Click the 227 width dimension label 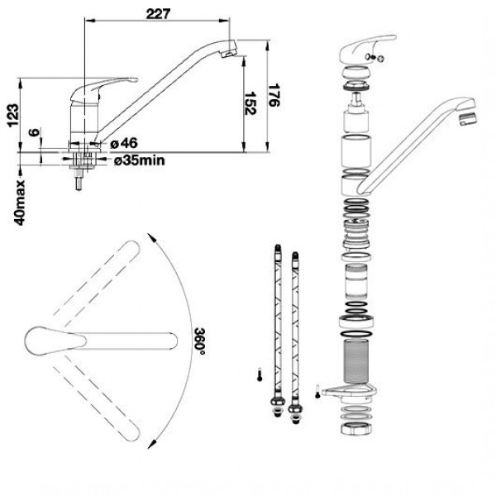click(158, 13)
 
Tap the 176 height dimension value click(274, 95)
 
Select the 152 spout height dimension click(250, 103)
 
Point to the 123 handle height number click(13, 116)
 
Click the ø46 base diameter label click(124, 143)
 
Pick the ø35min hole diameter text click(140, 160)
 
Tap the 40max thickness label click(20, 203)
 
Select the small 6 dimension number click(35, 132)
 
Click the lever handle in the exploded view click(367, 49)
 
